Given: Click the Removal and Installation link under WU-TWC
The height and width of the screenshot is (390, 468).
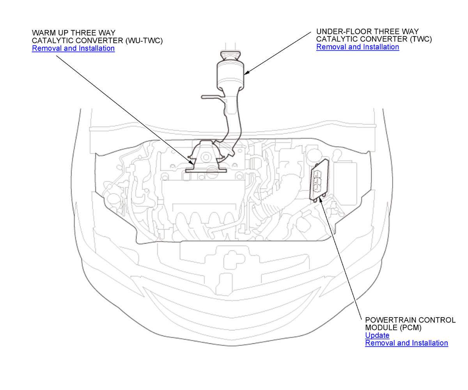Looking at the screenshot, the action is [73, 48].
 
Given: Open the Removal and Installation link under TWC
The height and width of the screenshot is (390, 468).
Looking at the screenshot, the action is [358, 47].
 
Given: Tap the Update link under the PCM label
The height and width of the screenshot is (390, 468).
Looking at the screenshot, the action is [377, 335].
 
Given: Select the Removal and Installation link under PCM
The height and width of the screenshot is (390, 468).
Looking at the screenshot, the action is [406, 343].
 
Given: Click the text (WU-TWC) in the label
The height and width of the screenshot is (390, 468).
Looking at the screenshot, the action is [144, 41].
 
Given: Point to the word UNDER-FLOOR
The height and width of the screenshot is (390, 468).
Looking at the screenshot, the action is [343, 32].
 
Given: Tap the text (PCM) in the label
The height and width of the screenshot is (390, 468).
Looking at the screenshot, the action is [411, 328].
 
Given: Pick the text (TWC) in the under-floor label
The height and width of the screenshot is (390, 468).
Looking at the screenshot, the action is [421, 39].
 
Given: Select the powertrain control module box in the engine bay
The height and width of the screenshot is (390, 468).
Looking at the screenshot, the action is [319, 179].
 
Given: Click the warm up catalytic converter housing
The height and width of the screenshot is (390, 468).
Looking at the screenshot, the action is [206, 155].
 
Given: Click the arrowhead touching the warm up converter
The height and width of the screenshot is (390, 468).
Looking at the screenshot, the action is [191, 162].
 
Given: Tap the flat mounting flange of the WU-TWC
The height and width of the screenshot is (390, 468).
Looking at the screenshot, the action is [206, 171].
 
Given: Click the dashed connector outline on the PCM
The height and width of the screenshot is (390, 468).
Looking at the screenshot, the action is [317, 181].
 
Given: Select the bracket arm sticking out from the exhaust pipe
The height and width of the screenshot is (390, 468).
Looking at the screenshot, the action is [212, 97].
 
